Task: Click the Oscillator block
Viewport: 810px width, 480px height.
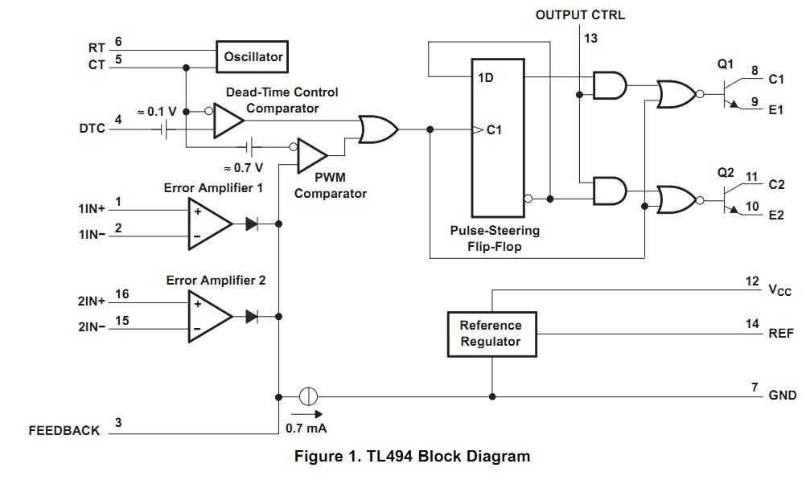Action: (x=253, y=57)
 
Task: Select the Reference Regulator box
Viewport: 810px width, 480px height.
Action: (x=491, y=334)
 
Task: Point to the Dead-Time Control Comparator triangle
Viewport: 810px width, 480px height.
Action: (x=228, y=121)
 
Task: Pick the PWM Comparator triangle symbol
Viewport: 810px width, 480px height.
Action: (x=311, y=155)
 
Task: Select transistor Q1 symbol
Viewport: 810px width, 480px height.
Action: (x=731, y=93)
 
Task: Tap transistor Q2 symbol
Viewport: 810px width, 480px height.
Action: (x=731, y=196)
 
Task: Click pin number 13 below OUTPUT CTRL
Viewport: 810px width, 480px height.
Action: (x=590, y=38)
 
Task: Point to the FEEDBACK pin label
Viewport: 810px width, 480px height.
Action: (x=64, y=431)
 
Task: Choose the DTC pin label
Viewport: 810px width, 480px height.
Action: (x=92, y=128)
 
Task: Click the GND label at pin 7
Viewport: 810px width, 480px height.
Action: (x=783, y=395)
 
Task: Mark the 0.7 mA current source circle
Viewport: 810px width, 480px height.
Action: (x=309, y=396)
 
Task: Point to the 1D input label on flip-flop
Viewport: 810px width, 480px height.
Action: (x=486, y=79)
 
